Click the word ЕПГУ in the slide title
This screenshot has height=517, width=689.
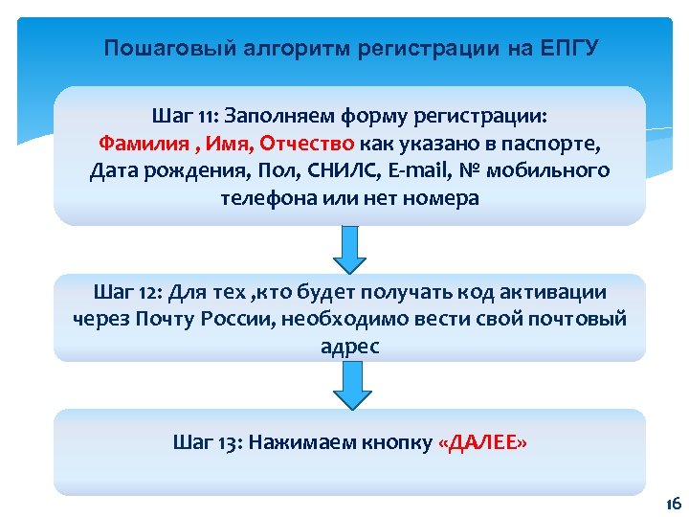tap(567, 48)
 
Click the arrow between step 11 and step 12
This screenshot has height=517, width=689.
tap(350, 249)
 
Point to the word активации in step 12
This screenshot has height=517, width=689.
tap(560, 291)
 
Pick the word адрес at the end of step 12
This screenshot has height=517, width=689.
tap(350, 347)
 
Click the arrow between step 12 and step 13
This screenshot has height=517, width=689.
tap(350, 385)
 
